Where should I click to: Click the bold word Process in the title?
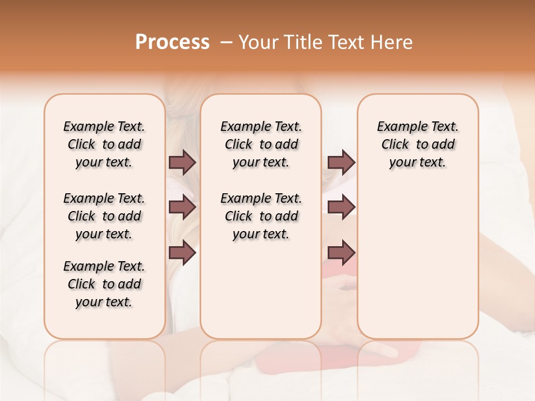click(172, 42)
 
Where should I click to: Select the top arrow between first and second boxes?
click(182, 162)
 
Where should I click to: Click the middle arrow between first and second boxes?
click(182, 207)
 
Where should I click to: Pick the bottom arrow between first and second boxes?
click(182, 252)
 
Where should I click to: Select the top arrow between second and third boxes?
click(341, 162)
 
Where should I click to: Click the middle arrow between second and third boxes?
click(341, 207)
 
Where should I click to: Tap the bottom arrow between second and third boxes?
click(341, 252)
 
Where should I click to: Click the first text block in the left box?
click(104, 144)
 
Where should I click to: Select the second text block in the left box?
click(104, 216)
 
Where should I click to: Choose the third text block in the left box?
click(104, 284)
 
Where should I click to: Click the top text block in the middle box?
click(261, 144)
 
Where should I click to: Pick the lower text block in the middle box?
click(261, 216)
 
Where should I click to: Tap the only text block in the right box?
click(417, 144)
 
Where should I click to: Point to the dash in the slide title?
click(226, 42)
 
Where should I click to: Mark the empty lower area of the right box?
click(417, 262)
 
